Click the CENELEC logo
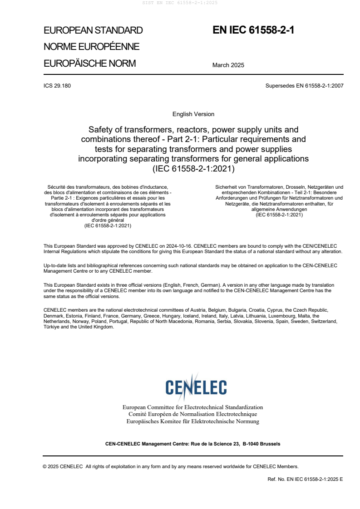click(196, 387)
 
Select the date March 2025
click(228, 65)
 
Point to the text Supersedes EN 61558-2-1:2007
click(305, 86)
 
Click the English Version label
click(193, 114)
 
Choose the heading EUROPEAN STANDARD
click(93, 30)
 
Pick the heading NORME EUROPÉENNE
click(91, 47)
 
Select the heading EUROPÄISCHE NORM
click(89, 64)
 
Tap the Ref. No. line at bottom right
click(306, 479)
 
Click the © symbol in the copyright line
click(45, 466)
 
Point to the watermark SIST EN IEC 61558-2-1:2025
click(180, 3)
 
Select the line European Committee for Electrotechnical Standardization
click(192, 407)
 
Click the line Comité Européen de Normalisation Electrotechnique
click(192, 414)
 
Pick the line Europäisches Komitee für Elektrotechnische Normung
click(192, 421)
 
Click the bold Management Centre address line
click(192, 444)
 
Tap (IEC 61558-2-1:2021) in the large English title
click(193, 169)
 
